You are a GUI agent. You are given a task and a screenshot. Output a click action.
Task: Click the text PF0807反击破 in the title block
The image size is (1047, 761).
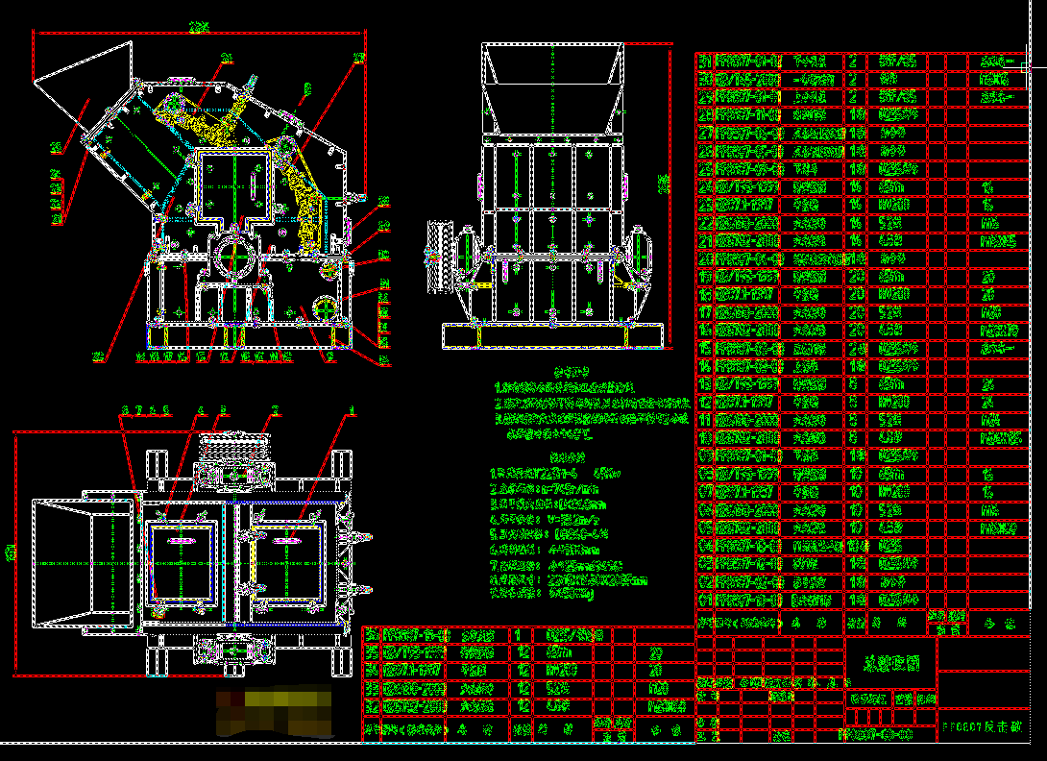click(986, 728)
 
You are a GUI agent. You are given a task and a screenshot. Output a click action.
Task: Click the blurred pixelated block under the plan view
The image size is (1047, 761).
click(273, 709)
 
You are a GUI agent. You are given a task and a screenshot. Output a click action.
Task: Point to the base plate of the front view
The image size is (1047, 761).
click(552, 335)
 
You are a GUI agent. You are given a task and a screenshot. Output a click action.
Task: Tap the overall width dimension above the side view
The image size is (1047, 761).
click(199, 29)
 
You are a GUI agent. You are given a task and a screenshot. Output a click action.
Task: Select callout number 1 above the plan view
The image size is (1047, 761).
click(352, 411)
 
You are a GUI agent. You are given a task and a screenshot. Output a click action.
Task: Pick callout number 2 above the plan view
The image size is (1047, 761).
click(275, 410)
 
